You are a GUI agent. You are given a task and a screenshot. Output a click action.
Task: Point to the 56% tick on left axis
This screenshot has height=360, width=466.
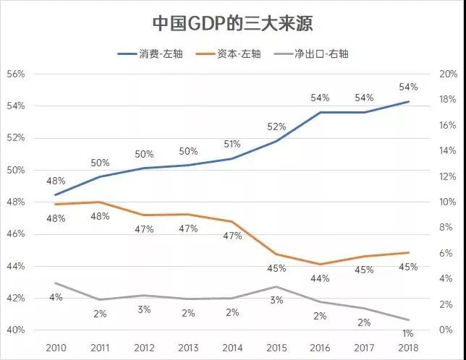pos(16,74)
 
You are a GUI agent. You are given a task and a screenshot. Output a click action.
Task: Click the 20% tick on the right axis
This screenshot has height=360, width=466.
pos(449,74)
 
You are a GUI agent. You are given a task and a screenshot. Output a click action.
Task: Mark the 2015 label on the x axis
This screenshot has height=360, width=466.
pos(276,348)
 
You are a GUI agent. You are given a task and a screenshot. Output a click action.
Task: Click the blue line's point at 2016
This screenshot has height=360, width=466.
pos(320,112)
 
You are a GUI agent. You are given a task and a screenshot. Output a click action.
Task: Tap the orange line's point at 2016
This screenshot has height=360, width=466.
pos(320,265)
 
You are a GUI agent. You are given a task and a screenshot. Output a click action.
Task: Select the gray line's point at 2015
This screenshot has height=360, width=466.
pos(276,287)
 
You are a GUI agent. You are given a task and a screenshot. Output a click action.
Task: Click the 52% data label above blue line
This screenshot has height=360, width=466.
pos(276,127)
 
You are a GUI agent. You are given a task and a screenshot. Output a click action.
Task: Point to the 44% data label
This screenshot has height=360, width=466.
pos(320,278)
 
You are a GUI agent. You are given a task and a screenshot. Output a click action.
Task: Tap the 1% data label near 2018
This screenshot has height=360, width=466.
pos(408,333)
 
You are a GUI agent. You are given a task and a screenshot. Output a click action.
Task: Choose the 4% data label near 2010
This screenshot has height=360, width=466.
pos(56,297)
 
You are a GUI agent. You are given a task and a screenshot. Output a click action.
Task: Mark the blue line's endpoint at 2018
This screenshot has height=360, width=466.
pos(408,101)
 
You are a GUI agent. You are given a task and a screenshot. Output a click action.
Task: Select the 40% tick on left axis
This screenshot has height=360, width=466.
pos(16,330)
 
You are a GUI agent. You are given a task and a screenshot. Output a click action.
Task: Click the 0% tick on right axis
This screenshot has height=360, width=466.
pos(446,330)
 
